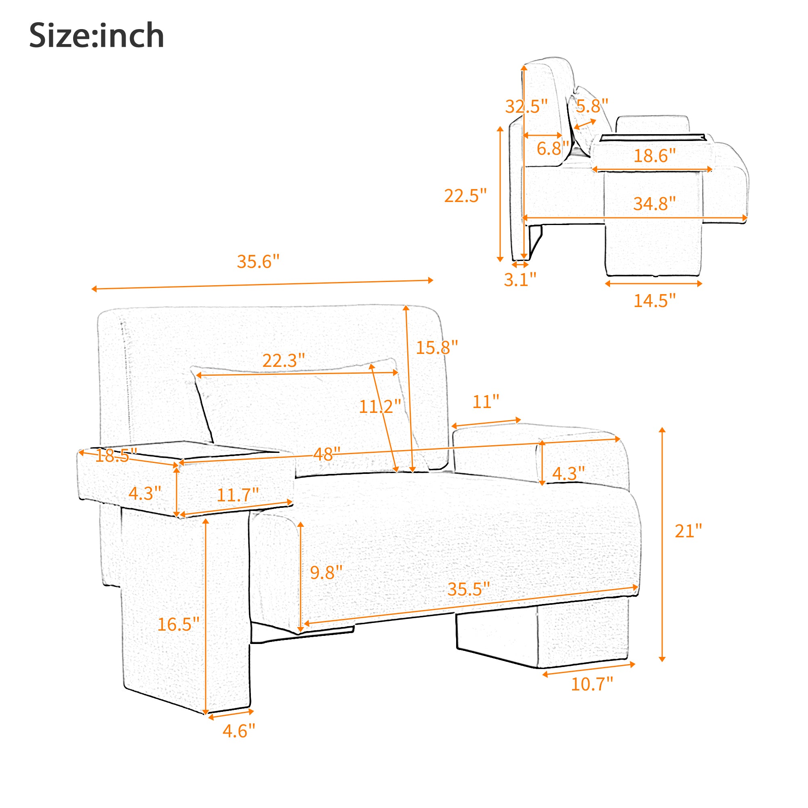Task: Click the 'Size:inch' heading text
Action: coord(97,36)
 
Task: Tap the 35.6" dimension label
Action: coord(258,262)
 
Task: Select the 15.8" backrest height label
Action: coord(437,347)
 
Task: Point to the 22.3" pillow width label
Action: coord(284,360)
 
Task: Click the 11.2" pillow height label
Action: coord(380,406)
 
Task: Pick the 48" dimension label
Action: coord(326,454)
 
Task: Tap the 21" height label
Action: coord(688,531)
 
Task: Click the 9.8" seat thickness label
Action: coord(326,572)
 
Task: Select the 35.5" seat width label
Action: coord(468,589)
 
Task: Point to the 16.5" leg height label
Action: coord(179,625)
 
